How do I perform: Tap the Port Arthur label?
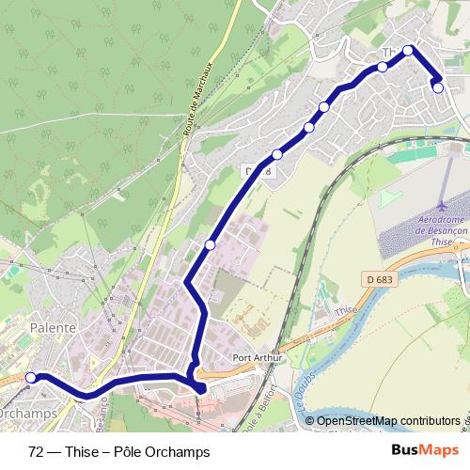[x=256, y=358]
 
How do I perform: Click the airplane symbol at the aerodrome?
[x=443, y=205]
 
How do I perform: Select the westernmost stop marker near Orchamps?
[x=30, y=378]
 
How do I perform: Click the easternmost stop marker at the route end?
[x=438, y=87]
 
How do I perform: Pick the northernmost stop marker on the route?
[x=408, y=51]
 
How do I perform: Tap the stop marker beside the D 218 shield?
[x=276, y=155]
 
